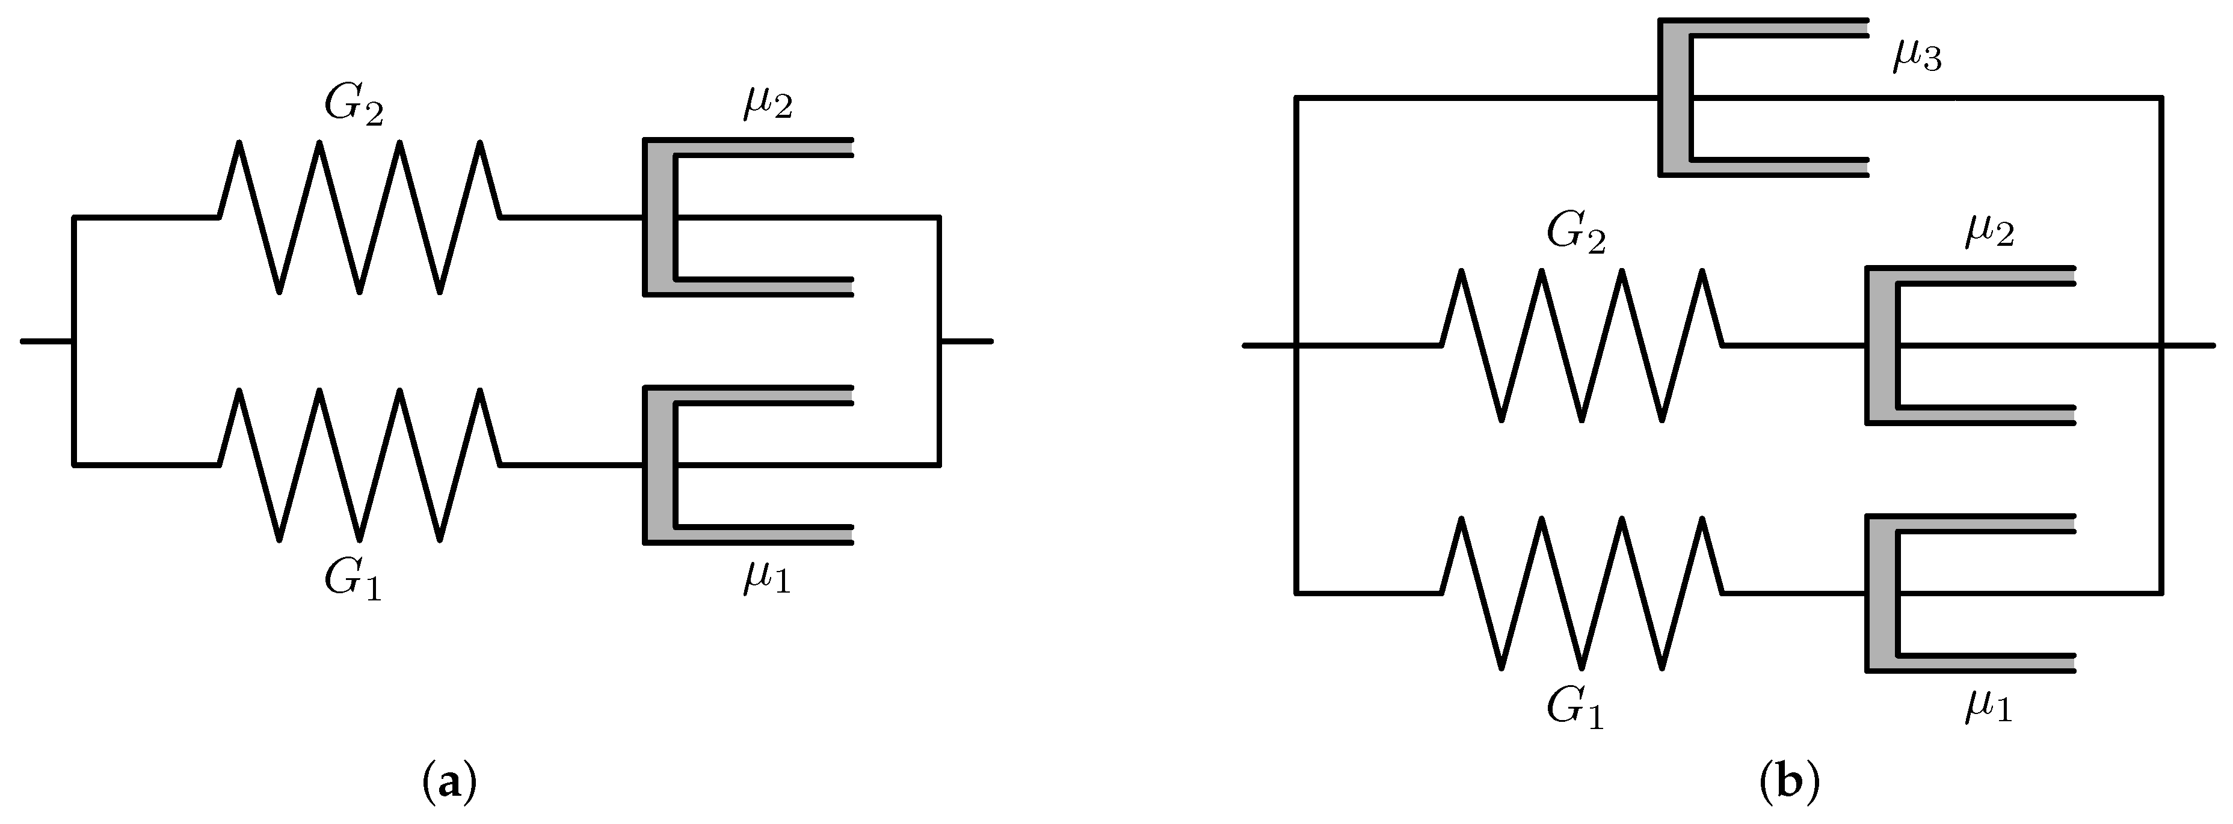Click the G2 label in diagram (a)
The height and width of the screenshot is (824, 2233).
tap(354, 108)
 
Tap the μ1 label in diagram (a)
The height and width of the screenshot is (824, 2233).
tap(766, 579)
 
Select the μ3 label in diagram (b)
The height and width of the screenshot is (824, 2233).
tap(1916, 57)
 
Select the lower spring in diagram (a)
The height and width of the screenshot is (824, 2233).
tap(359, 465)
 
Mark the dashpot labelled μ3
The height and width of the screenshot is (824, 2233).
tap(1760, 98)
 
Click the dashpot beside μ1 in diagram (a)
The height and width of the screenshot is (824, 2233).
tap(745, 465)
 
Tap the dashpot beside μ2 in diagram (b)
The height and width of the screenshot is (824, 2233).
tap(1968, 345)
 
